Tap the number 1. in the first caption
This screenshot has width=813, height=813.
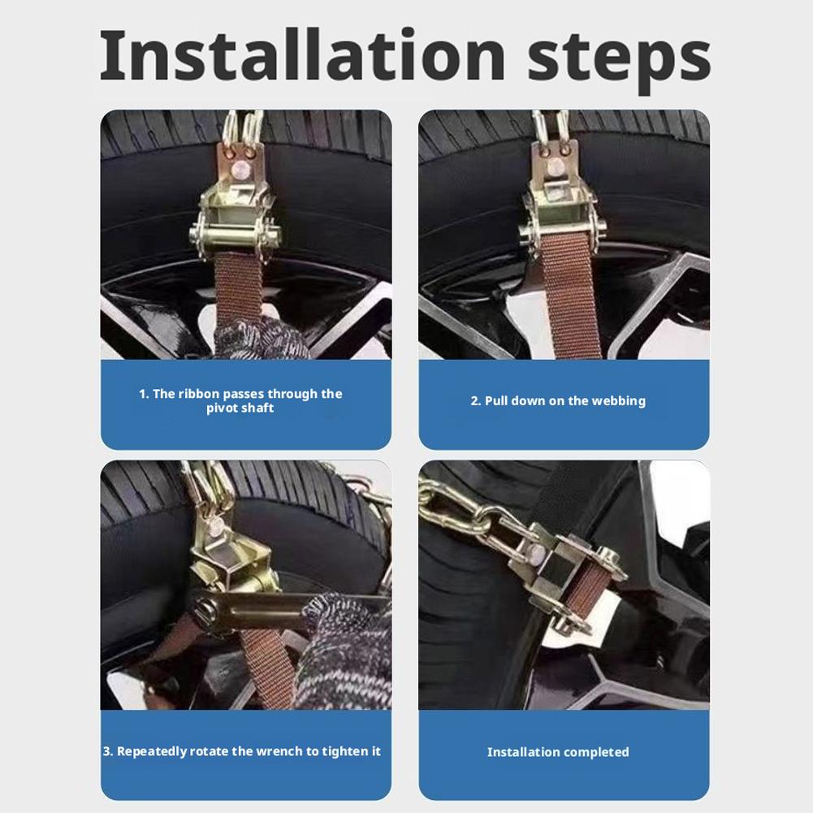pos(144,394)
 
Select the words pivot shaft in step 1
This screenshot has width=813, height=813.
pos(240,408)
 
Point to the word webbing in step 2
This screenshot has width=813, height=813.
pos(618,400)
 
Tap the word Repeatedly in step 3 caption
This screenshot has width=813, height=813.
pos(152,751)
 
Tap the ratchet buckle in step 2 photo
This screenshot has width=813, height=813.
pos(556,203)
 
